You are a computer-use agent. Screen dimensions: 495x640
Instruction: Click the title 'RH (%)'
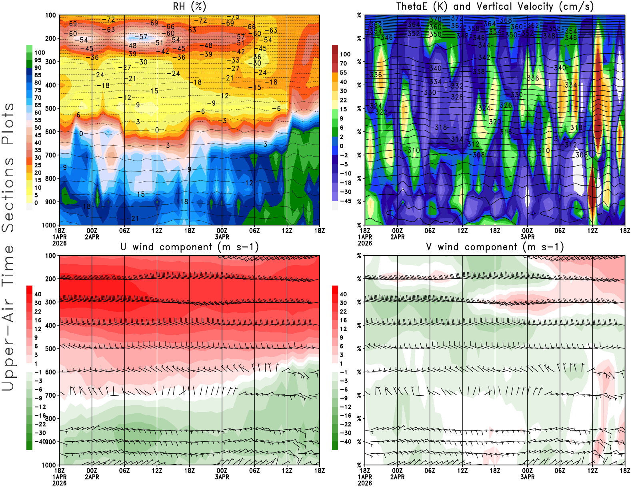(x=190, y=7)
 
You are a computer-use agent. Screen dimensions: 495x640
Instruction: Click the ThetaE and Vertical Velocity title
(x=495, y=7)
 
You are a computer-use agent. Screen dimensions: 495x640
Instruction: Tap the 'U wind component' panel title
(x=190, y=247)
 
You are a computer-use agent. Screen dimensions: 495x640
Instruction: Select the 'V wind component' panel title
(x=495, y=247)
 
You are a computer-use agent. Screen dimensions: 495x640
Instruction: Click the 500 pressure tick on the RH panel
(x=51, y=109)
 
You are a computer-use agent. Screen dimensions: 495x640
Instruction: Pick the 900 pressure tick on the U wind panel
(x=51, y=442)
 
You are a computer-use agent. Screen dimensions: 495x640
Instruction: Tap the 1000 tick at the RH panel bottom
(x=49, y=225)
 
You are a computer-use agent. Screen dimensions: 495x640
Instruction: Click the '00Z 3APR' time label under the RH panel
(x=222, y=233)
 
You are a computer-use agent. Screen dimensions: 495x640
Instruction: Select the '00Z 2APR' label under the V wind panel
(x=397, y=474)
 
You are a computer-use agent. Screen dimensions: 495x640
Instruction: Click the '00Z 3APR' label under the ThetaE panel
(x=527, y=233)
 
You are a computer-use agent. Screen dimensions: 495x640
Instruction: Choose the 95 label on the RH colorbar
(x=38, y=60)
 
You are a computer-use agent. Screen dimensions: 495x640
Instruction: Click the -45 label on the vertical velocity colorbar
(x=346, y=201)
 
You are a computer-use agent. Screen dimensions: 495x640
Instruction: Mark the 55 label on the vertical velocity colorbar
(x=343, y=72)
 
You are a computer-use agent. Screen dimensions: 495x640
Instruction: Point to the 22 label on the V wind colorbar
(x=343, y=312)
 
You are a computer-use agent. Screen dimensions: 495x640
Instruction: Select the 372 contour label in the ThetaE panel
(x=457, y=18)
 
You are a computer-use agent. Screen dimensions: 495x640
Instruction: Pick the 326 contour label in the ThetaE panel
(x=506, y=105)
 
